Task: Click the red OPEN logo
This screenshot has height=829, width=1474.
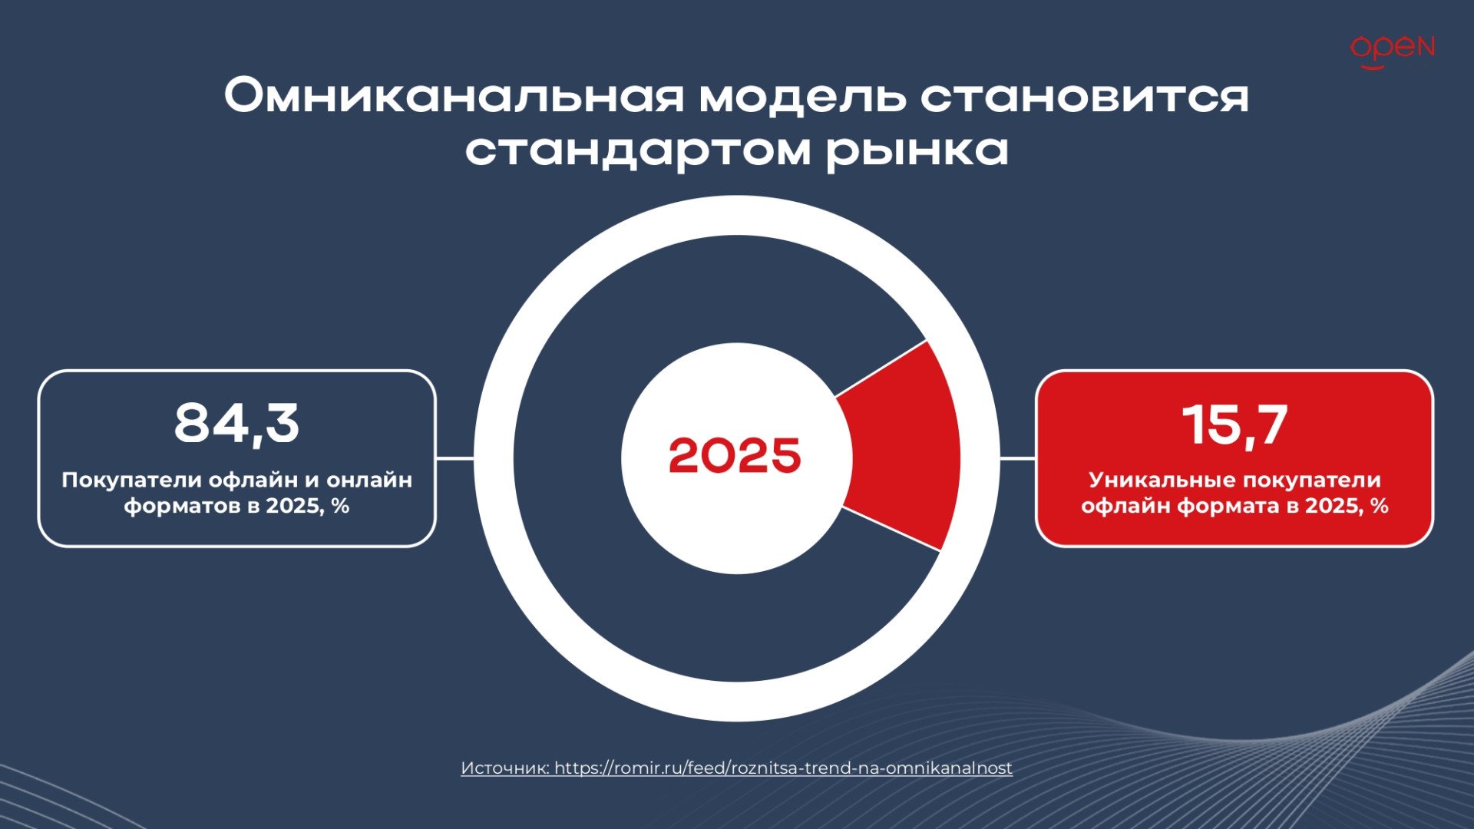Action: coord(1392,51)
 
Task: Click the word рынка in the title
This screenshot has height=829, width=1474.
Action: coord(917,150)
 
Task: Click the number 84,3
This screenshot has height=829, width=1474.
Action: coord(236,424)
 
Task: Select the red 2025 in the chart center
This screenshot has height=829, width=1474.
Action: coord(735,456)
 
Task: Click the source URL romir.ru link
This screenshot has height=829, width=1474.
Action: coord(783,768)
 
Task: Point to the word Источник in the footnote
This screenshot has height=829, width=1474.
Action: coord(504,768)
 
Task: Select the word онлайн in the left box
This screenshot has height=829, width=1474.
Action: coord(369,481)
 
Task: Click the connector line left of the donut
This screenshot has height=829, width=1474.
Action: coord(455,458)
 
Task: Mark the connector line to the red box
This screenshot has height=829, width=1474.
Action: coord(1017,458)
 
